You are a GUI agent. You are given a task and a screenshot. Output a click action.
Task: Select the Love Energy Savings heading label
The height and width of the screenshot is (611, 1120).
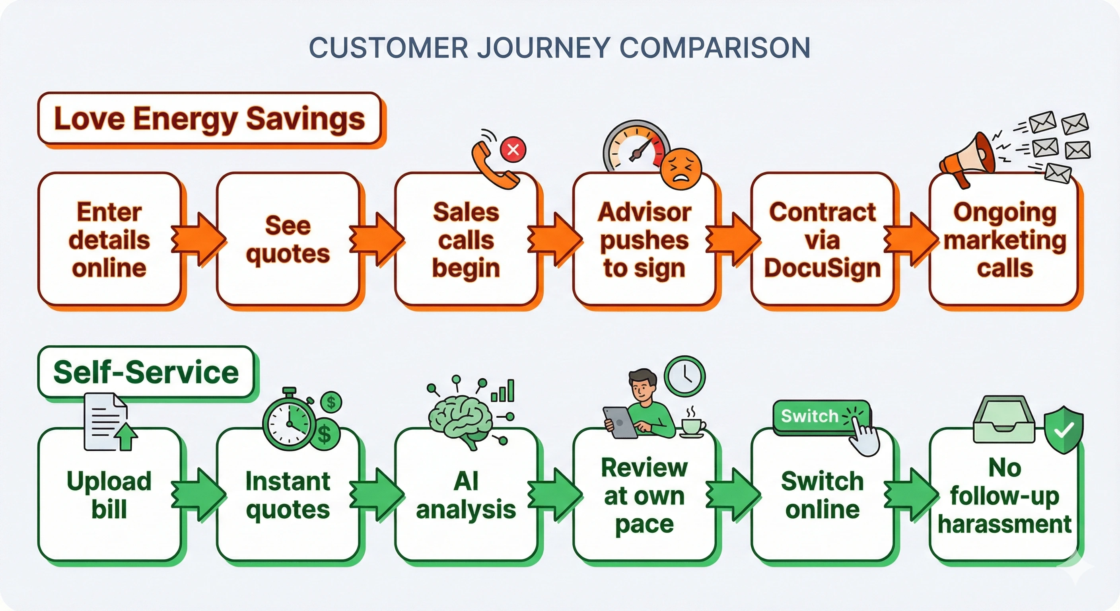click(209, 118)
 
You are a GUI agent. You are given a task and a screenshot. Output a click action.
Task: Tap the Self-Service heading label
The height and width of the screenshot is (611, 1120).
click(146, 372)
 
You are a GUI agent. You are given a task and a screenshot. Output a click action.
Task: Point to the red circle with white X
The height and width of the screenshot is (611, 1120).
click(513, 150)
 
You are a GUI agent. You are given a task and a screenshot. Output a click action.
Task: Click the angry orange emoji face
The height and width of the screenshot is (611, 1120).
click(681, 169)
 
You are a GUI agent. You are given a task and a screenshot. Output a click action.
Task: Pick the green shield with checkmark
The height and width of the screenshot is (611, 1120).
click(1064, 430)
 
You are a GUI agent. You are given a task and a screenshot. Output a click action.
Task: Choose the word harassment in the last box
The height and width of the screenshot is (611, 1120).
click(1004, 524)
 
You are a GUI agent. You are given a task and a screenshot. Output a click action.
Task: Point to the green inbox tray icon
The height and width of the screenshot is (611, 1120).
click(1004, 420)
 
